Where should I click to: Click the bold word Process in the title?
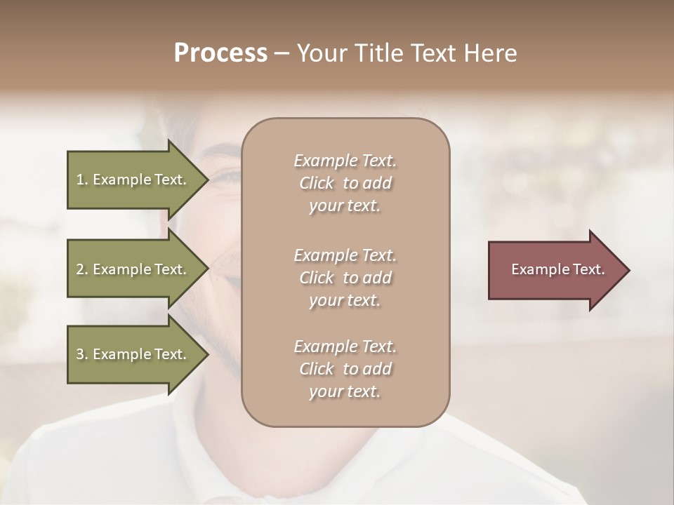click(220, 53)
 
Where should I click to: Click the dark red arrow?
click(555, 270)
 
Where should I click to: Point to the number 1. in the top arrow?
click(82, 180)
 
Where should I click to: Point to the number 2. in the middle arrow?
click(82, 269)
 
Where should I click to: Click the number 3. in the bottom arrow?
click(82, 354)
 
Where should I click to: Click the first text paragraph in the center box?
click(345, 183)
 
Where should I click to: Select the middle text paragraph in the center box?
click(345, 278)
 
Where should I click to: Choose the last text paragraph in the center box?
click(345, 369)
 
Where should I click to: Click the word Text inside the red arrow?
click(588, 269)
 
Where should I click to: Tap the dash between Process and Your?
click(282, 53)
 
